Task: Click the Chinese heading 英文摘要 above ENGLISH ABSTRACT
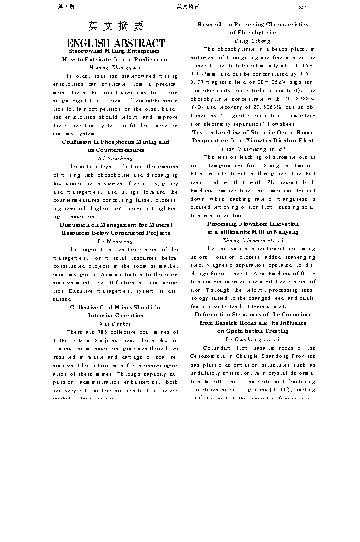coord(116,26)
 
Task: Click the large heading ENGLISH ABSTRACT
coord(116,43)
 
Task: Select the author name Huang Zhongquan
coord(116,67)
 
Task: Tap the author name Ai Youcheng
coord(116,158)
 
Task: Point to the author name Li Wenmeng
coord(116,241)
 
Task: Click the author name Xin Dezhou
coord(116,324)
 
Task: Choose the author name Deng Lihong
coord(253,41)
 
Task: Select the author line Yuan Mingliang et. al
coord(253,149)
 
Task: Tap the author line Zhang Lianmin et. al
coord(253,240)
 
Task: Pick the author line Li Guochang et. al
coord(253,339)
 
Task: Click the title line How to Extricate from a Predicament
coord(116,59)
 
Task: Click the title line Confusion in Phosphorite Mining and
coord(116,142)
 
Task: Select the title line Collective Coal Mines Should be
coord(116,307)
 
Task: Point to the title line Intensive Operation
coord(116,315)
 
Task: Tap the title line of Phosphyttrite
coord(253,33)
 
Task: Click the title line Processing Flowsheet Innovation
coord(253,224)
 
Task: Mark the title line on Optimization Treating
coord(253,331)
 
